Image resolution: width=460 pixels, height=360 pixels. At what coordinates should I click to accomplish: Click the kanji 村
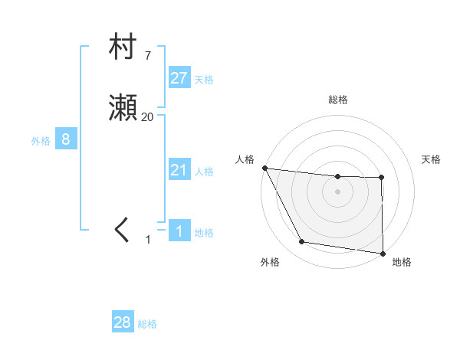(123, 47)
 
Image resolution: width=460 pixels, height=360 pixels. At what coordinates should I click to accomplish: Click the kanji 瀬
(123, 110)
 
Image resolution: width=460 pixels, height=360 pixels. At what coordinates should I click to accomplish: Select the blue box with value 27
(179, 77)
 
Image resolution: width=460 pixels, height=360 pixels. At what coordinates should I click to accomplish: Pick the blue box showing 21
(179, 170)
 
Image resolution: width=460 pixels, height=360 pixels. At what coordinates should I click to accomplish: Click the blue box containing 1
(179, 231)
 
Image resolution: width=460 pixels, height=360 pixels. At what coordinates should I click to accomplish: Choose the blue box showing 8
(66, 139)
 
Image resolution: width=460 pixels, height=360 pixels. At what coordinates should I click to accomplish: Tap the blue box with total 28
(123, 322)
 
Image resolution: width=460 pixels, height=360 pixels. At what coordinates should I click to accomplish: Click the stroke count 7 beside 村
(147, 55)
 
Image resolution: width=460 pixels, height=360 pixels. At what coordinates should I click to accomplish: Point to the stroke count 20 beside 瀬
(147, 117)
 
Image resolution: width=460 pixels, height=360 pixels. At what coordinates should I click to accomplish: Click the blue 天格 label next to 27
(204, 80)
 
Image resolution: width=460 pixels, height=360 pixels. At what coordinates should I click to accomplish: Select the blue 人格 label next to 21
(204, 172)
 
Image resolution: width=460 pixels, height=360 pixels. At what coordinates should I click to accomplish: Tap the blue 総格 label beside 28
(147, 324)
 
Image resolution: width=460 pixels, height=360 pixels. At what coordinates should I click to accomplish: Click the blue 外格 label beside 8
(41, 141)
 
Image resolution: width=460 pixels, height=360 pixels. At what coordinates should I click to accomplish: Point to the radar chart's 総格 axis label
(337, 100)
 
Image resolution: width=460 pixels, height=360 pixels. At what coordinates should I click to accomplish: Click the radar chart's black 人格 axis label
(245, 159)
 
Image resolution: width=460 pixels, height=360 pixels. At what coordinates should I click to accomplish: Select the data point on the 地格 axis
(383, 253)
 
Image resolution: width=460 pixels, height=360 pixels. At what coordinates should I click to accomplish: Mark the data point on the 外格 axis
(302, 243)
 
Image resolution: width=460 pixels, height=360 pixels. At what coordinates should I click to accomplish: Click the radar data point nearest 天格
(382, 178)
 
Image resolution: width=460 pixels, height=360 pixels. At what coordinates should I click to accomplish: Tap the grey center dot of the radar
(337, 191)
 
